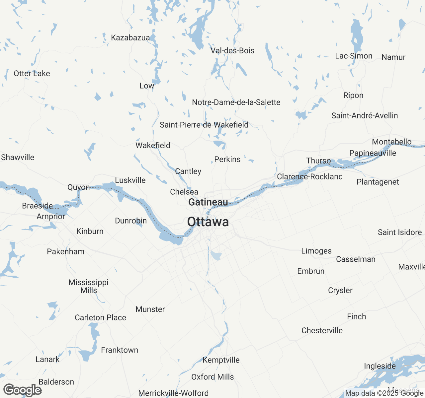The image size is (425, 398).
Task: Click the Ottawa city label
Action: coord(208,222)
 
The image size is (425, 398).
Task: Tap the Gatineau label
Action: coord(208,202)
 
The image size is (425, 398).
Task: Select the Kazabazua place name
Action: coord(130,38)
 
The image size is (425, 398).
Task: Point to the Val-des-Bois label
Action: coord(232,51)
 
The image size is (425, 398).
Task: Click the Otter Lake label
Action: coord(32,74)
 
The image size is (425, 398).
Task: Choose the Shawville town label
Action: coord(18,158)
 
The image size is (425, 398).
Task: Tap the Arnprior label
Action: coord(51,217)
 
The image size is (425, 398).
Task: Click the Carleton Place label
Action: coord(100,318)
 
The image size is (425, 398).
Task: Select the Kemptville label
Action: coord(221,360)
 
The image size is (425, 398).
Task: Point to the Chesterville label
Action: coord(322,331)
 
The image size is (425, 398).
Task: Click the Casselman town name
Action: coord(356,259)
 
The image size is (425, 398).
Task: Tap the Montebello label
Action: coord(392,142)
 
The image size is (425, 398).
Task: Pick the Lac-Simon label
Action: coord(354,56)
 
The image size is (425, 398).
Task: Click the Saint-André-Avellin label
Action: coord(365,116)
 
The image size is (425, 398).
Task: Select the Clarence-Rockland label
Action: coord(310,177)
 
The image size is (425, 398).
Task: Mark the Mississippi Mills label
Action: coord(89,286)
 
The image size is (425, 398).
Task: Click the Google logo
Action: coord(22,390)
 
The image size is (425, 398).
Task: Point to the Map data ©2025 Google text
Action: coord(384,393)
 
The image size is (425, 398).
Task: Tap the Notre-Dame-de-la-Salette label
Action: coord(236,102)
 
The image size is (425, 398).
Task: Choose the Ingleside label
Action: coord(380,366)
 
